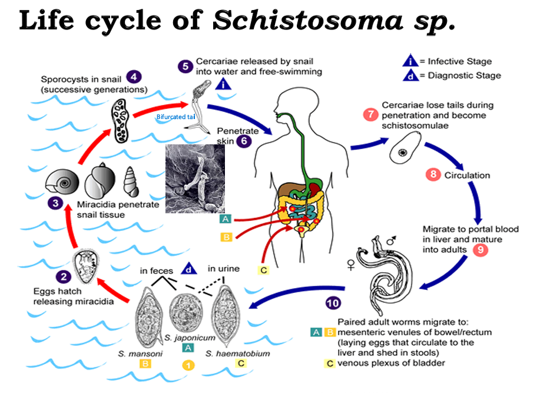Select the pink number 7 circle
[370, 115]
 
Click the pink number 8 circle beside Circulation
[433, 175]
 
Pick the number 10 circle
[333, 303]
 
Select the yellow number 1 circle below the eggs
[188, 365]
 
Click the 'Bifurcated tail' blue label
[175, 117]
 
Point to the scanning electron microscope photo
[195, 179]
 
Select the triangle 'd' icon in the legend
[410, 75]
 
